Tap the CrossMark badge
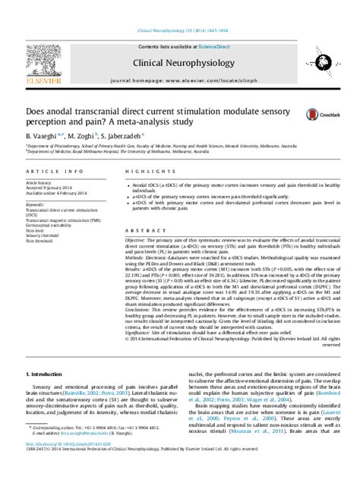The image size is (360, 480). pos(314,114)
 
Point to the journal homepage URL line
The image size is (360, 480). pos(179,79)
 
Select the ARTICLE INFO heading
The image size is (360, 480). pos(47,172)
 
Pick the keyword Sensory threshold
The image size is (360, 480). pos(44,236)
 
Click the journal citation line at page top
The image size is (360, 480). pos(179,30)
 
